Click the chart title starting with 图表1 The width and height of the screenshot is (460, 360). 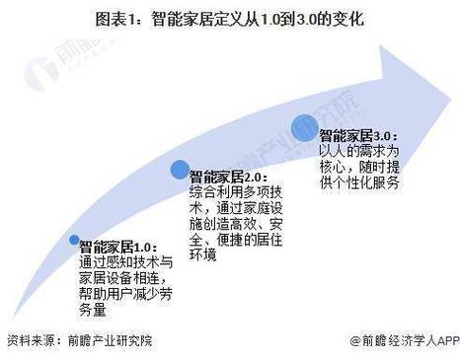[229, 18]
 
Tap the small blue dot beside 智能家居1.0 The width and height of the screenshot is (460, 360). [73, 239]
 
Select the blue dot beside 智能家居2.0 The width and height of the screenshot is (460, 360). [180, 170]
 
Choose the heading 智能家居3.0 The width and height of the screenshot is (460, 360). [356, 135]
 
